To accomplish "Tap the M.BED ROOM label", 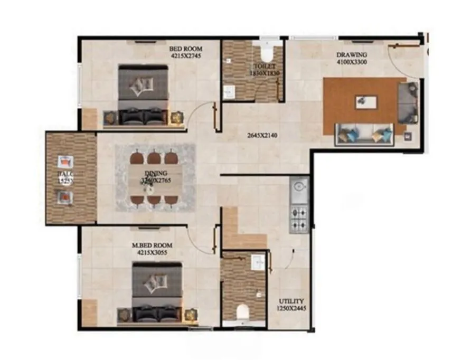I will pyautogui.click(x=153, y=245).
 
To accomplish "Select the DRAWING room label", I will pyautogui.click(x=352, y=54).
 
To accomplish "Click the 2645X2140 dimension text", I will pyautogui.click(x=262, y=135).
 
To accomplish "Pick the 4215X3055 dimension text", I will pyautogui.click(x=153, y=252).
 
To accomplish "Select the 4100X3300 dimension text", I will pyautogui.click(x=353, y=62).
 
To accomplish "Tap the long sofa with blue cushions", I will pyautogui.click(x=364, y=135).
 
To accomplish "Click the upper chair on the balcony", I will pyautogui.click(x=65, y=162).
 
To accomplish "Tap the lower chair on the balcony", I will pyautogui.click(x=64, y=196).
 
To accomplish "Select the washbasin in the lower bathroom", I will pyautogui.click(x=258, y=262).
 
